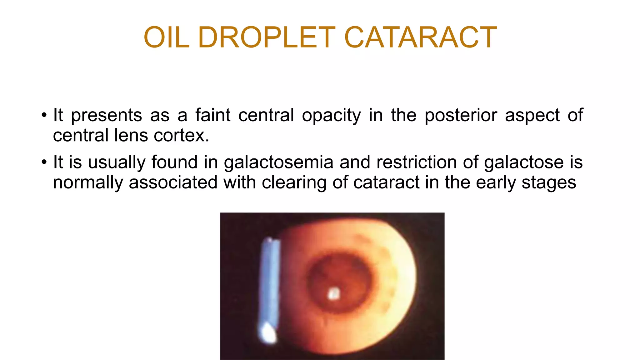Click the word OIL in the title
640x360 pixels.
(x=166, y=37)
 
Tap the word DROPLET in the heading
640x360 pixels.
(x=267, y=37)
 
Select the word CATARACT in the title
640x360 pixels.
(x=420, y=37)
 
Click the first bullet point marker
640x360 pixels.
(x=44, y=115)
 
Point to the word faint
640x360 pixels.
(x=213, y=115)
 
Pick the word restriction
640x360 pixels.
(x=416, y=162)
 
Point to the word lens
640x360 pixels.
(x=131, y=136)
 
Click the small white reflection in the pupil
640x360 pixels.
(x=334, y=293)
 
